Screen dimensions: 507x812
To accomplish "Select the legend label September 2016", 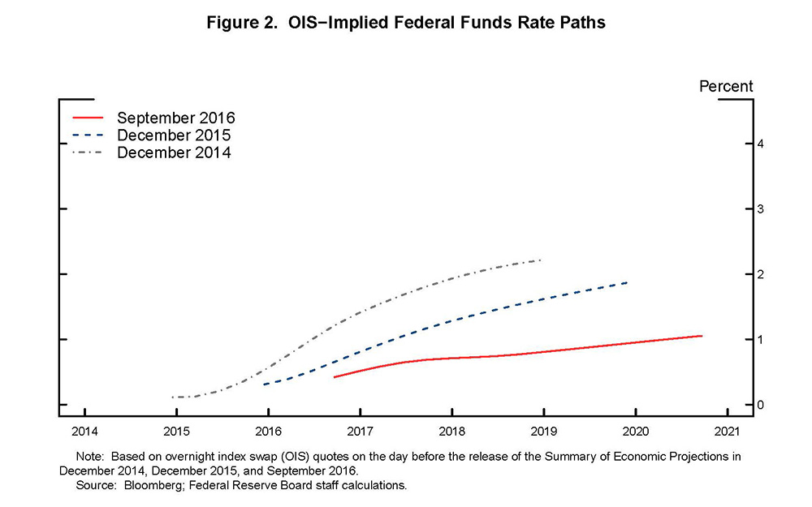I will [175, 118].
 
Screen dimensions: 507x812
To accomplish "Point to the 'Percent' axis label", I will [726, 86].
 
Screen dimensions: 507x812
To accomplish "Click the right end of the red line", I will [702, 336].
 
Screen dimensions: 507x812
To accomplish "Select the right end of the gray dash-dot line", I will [541, 260].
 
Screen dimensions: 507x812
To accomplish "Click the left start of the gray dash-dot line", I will [172, 397].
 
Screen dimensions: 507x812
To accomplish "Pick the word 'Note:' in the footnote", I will [90, 456].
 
